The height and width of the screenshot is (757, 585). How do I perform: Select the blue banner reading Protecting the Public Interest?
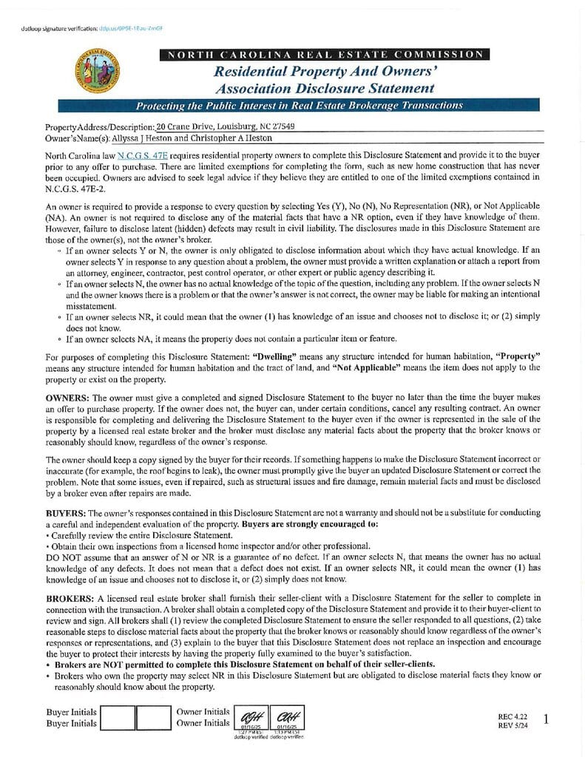(299, 106)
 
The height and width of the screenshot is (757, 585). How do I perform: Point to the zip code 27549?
(280, 127)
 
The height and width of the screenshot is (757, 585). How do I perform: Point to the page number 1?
(546, 719)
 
